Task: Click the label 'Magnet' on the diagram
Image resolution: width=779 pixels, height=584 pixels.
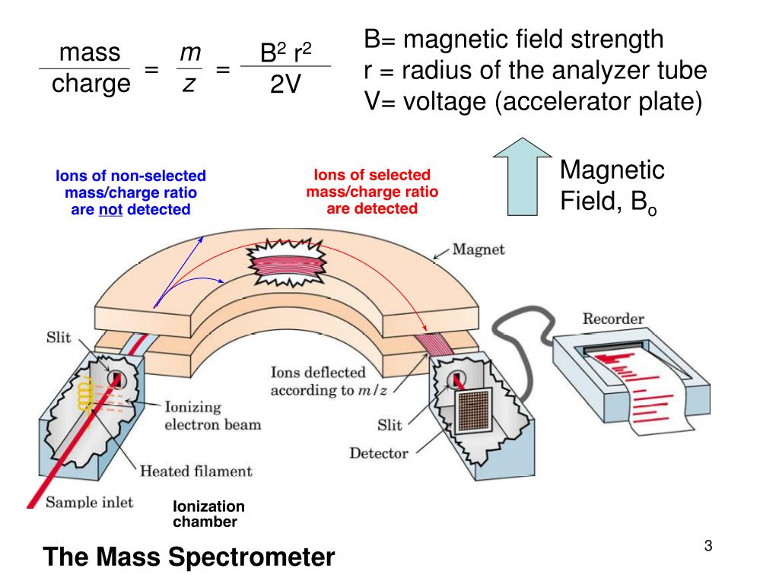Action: click(479, 249)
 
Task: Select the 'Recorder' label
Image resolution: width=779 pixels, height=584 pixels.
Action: click(613, 319)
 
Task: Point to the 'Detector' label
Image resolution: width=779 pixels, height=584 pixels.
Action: click(378, 453)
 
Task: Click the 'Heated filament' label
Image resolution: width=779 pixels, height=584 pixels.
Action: click(196, 471)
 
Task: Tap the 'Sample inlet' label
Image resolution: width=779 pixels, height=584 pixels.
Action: click(89, 502)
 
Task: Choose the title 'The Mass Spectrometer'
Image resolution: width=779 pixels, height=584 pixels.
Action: click(189, 557)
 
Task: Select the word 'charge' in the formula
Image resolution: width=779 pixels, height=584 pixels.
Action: click(91, 84)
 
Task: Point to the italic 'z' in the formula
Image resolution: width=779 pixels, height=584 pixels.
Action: click(187, 84)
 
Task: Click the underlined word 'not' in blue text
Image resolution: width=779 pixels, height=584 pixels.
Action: click(110, 209)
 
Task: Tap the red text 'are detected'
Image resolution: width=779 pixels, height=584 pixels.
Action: click(372, 208)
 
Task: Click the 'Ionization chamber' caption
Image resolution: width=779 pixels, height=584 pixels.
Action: click(208, 514)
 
